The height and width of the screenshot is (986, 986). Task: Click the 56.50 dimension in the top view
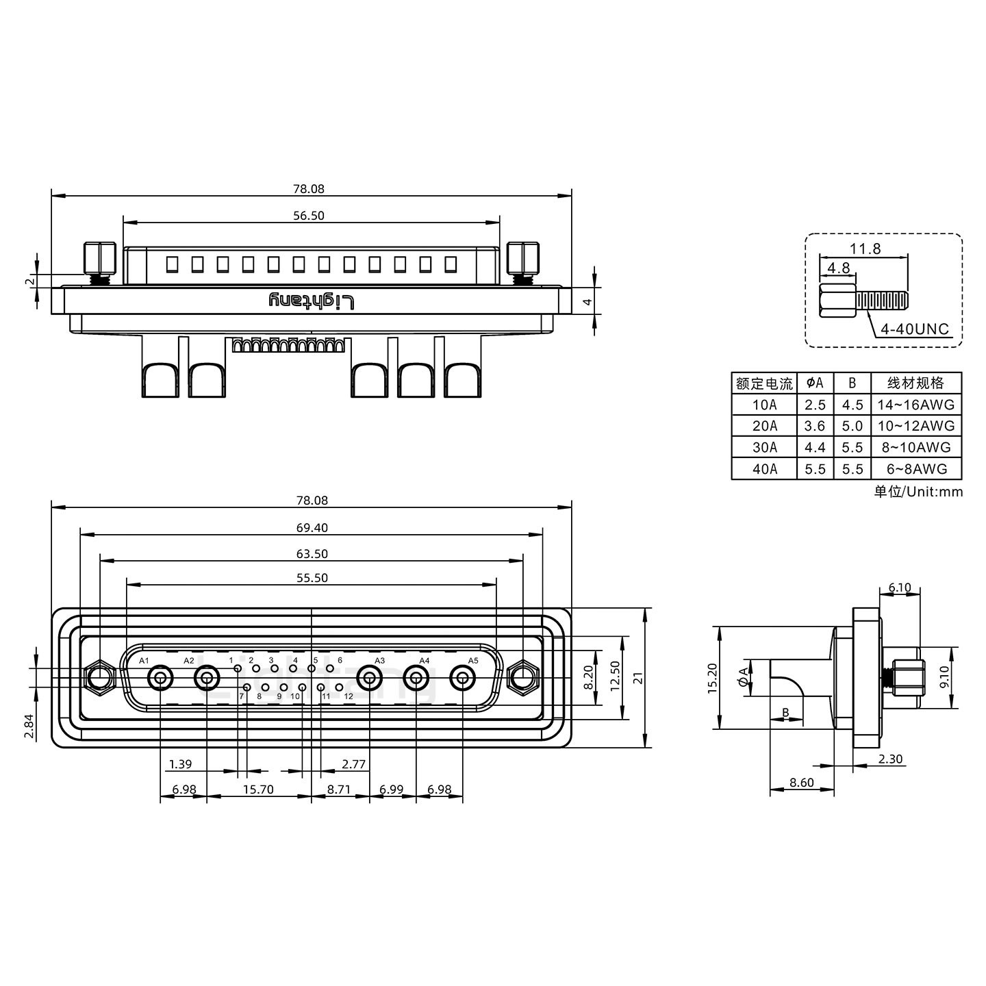click(309, 216)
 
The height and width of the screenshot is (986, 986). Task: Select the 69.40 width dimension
click(312, 527)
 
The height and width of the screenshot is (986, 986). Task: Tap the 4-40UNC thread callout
click(914, 329)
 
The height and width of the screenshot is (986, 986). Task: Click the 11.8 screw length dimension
click(865, 249)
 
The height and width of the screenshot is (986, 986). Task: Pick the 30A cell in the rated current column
click(764, 447)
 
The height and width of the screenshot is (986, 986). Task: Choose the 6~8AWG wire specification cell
click(916, 469)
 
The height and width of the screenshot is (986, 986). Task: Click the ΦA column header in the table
click(815, 383)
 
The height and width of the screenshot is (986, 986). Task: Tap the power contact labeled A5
click(463, 679)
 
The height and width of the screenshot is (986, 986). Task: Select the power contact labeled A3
click(370, 679)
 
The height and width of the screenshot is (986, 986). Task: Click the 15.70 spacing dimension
click(258, 789)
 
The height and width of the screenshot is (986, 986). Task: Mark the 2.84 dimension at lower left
click(28, 726)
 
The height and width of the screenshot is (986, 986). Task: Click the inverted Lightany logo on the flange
click(312, 301)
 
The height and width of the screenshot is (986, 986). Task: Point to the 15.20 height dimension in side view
click(712, 678)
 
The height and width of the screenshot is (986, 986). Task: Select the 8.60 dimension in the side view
click(801, 783)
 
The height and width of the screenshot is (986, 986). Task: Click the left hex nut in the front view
click(100, 679)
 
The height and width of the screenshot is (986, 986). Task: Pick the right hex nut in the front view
click(523, 679)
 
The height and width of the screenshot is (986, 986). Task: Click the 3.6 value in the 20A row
click(815, 426)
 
